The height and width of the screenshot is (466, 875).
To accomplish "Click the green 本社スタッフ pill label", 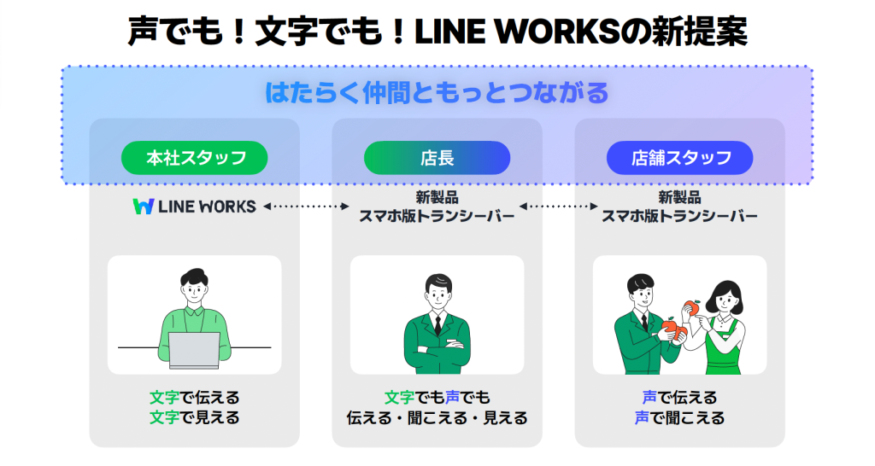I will pos(195,158).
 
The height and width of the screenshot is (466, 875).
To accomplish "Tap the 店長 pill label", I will pos(437,158).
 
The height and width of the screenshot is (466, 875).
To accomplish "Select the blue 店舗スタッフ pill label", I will pos(680,158).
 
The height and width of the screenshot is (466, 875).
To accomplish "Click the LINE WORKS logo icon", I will pos(143,207).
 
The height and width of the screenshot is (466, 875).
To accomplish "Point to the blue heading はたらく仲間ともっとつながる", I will pos(437,92).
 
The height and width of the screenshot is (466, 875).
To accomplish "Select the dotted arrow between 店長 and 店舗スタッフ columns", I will pos(560,207).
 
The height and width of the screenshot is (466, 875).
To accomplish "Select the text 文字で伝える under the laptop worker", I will pos(194,398).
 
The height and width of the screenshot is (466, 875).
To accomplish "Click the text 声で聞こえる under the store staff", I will pos(680,418).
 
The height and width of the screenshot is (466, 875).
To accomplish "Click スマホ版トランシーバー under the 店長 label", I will pos(437,216).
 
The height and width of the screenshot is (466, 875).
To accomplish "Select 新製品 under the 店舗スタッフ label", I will pos(680,197).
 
